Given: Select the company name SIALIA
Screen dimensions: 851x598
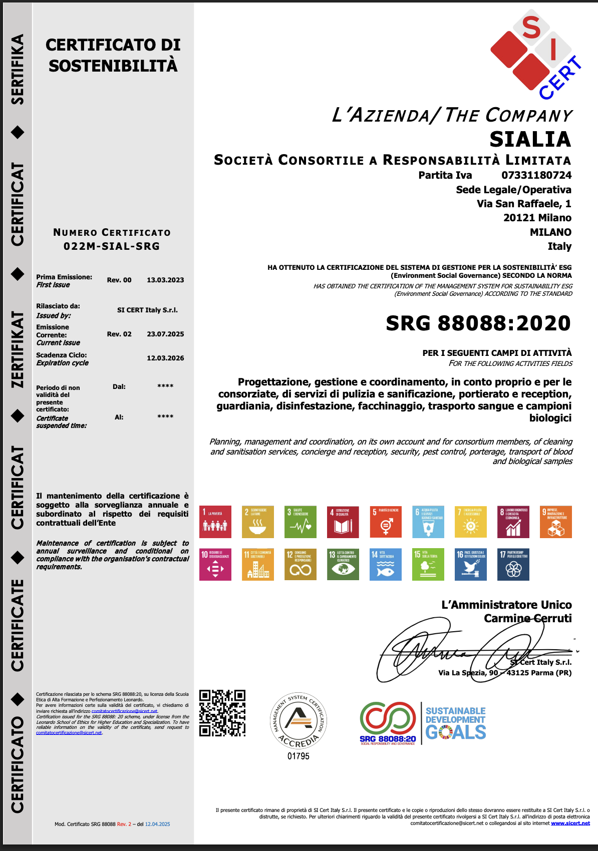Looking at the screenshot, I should click(530, 139).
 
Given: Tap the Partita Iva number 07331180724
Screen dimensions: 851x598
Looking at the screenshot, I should click(536, 175).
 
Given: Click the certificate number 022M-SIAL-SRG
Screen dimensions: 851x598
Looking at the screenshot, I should click(112, 246).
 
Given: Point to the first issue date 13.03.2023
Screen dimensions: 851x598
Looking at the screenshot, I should click(165, 280).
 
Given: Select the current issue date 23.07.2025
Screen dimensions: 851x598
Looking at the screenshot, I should click(165, 334).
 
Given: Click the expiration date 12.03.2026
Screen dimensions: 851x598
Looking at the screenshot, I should click(165, 358).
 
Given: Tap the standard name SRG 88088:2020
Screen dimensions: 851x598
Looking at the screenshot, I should click(478, 323).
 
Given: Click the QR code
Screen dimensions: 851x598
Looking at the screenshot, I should click(222, 713).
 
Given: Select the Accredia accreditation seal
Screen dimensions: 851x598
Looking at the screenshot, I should click(298, 720).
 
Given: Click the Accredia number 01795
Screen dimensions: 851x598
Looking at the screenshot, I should click(298, 756).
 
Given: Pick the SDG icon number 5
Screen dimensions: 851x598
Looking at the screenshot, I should click(386, 522).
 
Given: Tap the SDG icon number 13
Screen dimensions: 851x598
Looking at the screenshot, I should click(343, 564).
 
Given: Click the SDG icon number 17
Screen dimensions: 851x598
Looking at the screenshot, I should click(513, 564).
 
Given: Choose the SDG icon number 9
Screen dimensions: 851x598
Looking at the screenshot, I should click(556, 522).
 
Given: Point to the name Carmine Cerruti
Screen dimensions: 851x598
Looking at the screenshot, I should click(527, 619).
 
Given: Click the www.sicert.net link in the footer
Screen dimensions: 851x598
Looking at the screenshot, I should click(570, 823).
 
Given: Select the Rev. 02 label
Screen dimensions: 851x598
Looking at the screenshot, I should click(119, 334).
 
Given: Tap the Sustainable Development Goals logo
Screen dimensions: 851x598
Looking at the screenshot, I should click(455, 723).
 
